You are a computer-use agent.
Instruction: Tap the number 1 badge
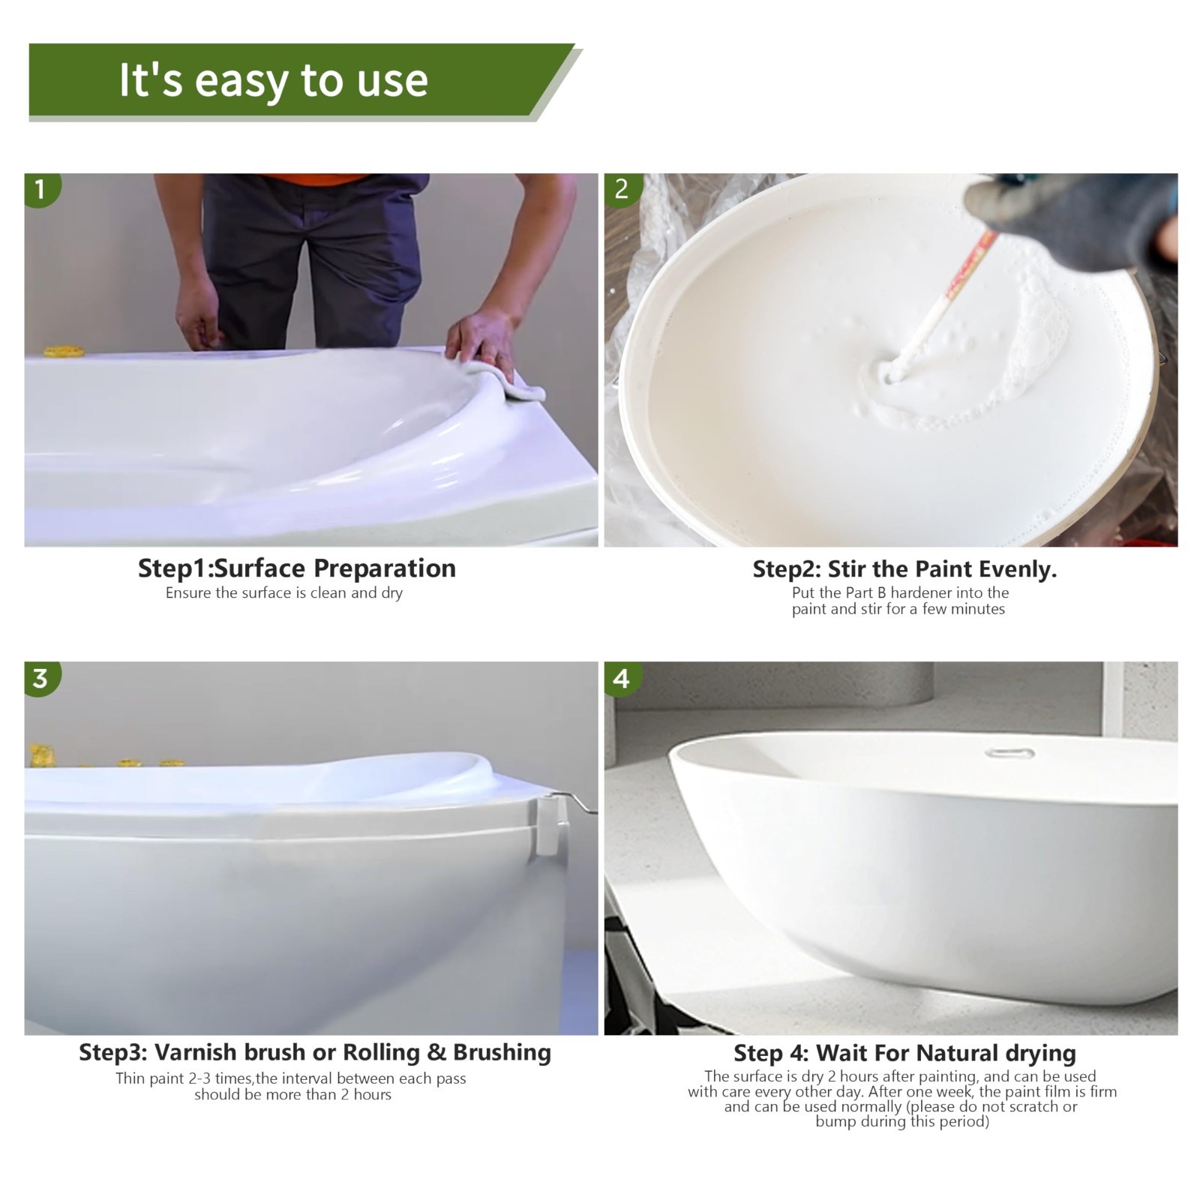[40, 189]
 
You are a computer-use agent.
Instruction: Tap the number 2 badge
[621, 189]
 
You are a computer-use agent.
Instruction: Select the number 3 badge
[40, 678]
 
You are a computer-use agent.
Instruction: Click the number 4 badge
[621, 678]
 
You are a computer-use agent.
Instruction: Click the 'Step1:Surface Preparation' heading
[296, 568]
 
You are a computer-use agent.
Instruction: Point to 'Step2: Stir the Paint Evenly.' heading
[904, 569]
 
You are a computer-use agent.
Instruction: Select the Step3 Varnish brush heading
[315, 1052]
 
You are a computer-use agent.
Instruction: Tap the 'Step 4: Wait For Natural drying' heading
[904, 1053]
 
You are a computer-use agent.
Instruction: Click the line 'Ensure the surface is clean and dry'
[284, 593]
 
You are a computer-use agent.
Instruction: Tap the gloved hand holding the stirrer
[1080, 214]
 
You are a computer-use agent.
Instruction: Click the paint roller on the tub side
[550, 829]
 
